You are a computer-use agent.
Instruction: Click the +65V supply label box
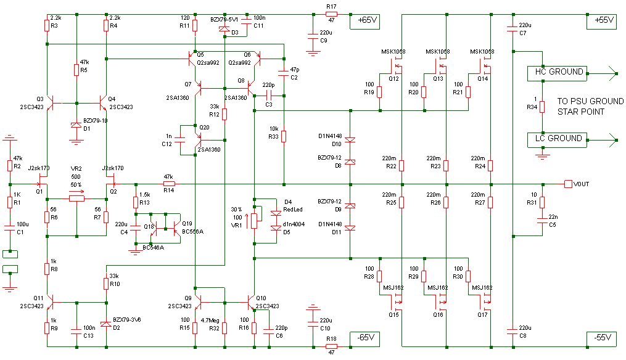[x=364, y=21]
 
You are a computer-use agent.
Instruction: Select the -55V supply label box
[x=602, y=339]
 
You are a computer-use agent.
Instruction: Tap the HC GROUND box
[x=558, y=73]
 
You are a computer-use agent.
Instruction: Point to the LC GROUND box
[x=558, y=140]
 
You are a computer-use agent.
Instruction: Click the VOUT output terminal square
[x=568, y=184]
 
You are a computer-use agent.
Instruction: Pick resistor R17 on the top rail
[x=331, y=14]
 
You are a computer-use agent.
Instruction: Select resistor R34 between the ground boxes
[x=542, y=107]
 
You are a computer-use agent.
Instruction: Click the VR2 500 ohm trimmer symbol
[x=76, y=198]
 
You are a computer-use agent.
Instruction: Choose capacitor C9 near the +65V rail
[x=313, y=36]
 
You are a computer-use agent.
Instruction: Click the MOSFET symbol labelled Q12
[x=395, y=66]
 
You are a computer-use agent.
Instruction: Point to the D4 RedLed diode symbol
[x=276, y=213]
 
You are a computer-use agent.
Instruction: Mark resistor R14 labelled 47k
[x=169, y=184]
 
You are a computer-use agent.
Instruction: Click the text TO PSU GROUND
[x=590, y=101]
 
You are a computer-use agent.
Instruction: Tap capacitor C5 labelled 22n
[x=542, y=221]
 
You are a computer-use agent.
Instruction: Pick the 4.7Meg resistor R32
[x=224, y=328]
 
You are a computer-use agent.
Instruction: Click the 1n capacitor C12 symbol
[x=180, y=140]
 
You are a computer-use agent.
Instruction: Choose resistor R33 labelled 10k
[x=284, y=136]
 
